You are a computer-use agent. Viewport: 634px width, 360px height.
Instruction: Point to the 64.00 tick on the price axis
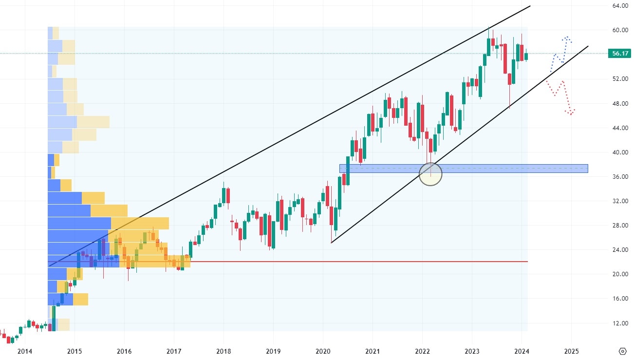coord(619,6)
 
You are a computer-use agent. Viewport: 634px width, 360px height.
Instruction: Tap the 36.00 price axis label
coord(619,177)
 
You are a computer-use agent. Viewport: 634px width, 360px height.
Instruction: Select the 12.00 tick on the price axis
coord(619,323)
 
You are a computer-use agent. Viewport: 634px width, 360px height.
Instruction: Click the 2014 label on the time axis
coord(24,351)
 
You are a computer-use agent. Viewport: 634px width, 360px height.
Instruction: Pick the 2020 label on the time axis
coord(322,351)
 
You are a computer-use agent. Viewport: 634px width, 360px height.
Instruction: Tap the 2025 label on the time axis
coord(571,351)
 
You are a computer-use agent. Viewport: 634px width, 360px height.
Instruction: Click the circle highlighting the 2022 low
coord(430,174)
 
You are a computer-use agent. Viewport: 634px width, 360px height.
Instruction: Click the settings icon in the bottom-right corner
coord(622,351)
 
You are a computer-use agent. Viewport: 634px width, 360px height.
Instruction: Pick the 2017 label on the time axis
coord(174,351)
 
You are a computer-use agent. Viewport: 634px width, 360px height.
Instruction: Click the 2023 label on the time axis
coord(471,351)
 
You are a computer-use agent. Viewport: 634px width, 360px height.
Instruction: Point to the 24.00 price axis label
coord(619,250)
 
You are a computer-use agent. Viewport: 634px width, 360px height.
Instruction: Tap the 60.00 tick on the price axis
coord(619,30)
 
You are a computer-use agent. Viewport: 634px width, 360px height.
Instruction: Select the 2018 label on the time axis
coord(224,351)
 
